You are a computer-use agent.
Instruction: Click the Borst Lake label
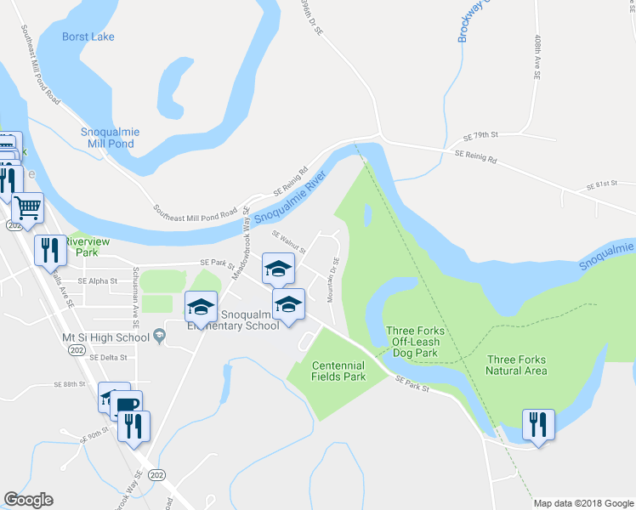tap(88, 37)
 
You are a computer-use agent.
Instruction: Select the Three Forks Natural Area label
tap(516, 365)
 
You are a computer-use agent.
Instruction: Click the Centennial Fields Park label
tap(338, 370)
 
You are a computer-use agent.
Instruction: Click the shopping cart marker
tap(28, 207)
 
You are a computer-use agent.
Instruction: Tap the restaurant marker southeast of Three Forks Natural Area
tap(538, 423)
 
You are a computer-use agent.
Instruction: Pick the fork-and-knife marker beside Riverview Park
tap(48, 250)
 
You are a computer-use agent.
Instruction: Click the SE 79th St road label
tap(480, 135)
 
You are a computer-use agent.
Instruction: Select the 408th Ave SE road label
tap(537, 58)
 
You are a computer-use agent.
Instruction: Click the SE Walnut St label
tap(288, 242)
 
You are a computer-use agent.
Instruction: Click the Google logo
tap(28, 500)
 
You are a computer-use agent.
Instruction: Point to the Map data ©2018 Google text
tap(582, 503)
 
